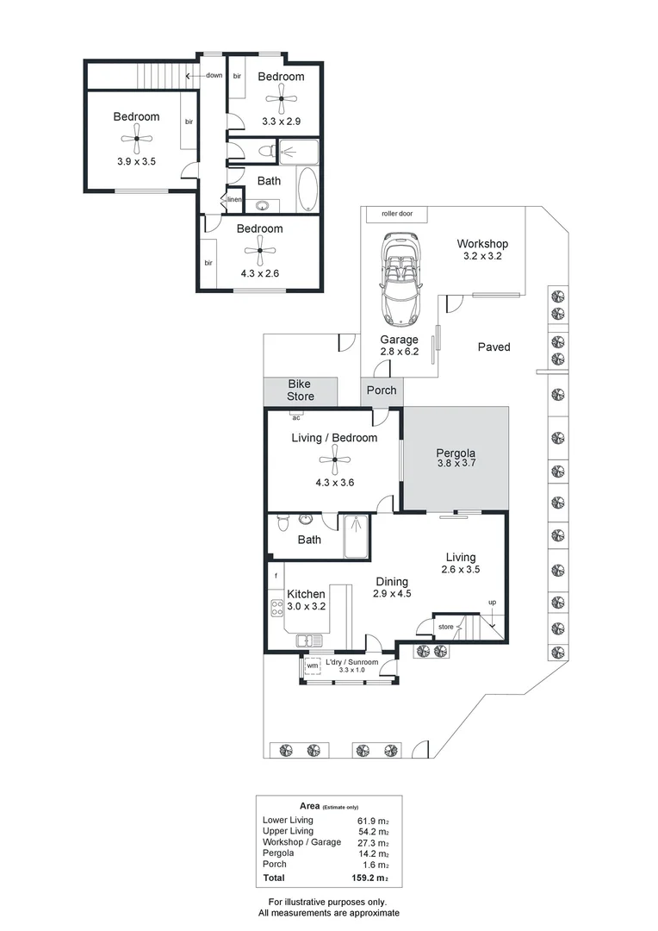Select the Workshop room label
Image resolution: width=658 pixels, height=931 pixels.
pos(482,244)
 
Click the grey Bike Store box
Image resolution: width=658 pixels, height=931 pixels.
pos(300,390)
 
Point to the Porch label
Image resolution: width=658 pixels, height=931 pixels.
pos(382,391)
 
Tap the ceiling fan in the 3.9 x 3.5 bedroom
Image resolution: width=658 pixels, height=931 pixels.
pos(136,138)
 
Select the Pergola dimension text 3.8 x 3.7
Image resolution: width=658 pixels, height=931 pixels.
pos(456,463)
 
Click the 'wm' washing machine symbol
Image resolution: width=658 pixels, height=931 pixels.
pos(312,665)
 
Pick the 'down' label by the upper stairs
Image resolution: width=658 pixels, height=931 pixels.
pos(213,75)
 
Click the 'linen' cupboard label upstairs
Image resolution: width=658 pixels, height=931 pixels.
pos(234,200)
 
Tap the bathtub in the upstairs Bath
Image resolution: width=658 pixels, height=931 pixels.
pos(307,190)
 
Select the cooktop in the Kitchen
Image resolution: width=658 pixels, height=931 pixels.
pos(277,608)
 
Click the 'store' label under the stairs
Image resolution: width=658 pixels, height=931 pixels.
pos(445,627)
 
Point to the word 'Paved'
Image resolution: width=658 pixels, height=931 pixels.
pos(494,347)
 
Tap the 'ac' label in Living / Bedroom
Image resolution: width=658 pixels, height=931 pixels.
pos(295,417)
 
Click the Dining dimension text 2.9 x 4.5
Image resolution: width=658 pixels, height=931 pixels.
pos(393,594)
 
